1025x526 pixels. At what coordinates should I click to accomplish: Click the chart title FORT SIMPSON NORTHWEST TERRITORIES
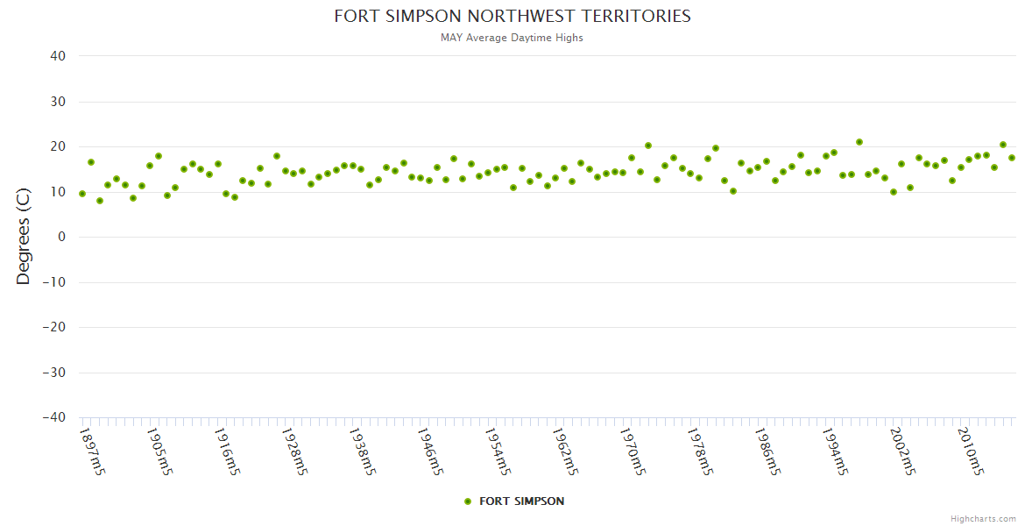pyautogui.click(x=512, y=17)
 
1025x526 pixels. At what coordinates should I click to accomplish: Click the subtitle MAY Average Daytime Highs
pyautogui.click(x=512, y=38)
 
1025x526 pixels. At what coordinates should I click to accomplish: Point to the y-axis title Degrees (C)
pyautogui.click(x=24, y=237)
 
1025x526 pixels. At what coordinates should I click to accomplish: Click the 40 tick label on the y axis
pyautogui.click(x=58, y=56)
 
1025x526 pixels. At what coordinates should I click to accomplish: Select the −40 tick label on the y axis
pyautogui.click(x=53, y=418)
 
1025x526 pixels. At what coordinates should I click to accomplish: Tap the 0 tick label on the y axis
pyautogui.click(x=62, y=237)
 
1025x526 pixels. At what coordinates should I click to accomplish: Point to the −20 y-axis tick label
pyautogui.click(x=53, y=328)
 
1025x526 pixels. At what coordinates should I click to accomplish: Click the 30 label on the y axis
pyautogui.click(x=58, y=102)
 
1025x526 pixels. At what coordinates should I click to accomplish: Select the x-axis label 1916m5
pyautogui.click(x=227, y=452)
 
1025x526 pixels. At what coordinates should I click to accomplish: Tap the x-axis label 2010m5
pyautogui.click(x=971, y=452)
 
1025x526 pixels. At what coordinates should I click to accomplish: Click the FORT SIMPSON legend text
pyautogui.click(x=522, y=501)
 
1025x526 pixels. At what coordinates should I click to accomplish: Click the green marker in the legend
pyautogui.click(x=468, y=501)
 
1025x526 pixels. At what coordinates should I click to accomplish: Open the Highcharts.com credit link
pyautogui.click(x=983, y=518)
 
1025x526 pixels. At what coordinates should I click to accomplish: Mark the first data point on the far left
pyautogui.click(x=82, y=194)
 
